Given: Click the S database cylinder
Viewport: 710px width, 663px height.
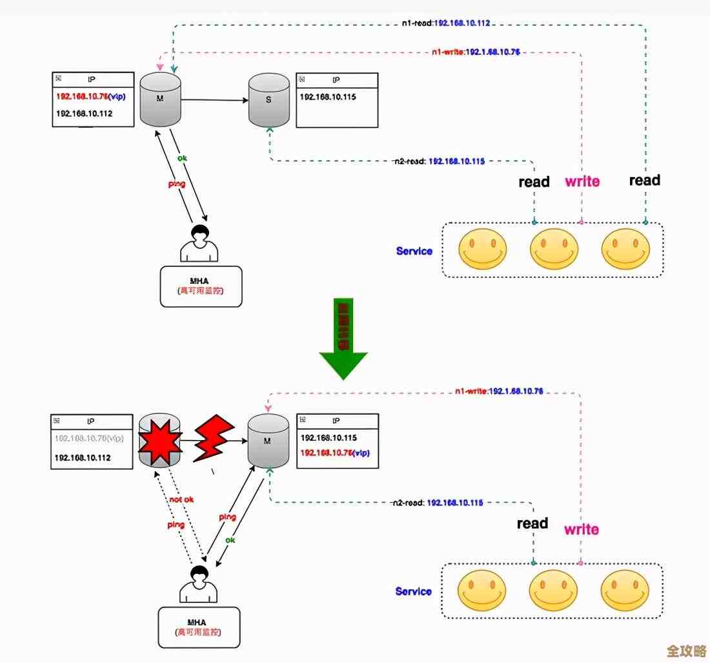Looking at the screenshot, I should click(x=269, y=101).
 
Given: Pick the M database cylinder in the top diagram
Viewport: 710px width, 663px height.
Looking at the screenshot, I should click(x=161, y=101).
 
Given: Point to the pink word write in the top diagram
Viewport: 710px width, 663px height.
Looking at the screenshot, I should click(x=582, y=182).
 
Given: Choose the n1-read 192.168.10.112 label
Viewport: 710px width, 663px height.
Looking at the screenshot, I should click(x=445, y=23).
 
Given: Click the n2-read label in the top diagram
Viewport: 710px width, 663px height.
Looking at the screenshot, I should click(x=439, y=161).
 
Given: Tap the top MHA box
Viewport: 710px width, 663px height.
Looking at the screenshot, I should click(x=201, y=286).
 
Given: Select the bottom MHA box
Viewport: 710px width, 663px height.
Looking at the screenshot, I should click(x=199, y=627).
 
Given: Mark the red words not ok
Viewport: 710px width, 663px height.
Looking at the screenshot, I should click(x=181, y=500).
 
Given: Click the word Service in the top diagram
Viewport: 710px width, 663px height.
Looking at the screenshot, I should click(x=414, y=251).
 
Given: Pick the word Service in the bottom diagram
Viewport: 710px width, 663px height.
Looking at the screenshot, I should click(x=413, y=591).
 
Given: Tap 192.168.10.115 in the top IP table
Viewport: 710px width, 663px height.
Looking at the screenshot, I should click(x=328, y=97).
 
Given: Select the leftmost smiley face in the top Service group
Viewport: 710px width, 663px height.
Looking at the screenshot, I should click(x=482, y=249).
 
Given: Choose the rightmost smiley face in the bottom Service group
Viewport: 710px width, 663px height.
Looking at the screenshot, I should click(x=624, y=590).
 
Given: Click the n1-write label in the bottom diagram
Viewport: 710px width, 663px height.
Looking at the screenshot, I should click(x=498, y=391).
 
